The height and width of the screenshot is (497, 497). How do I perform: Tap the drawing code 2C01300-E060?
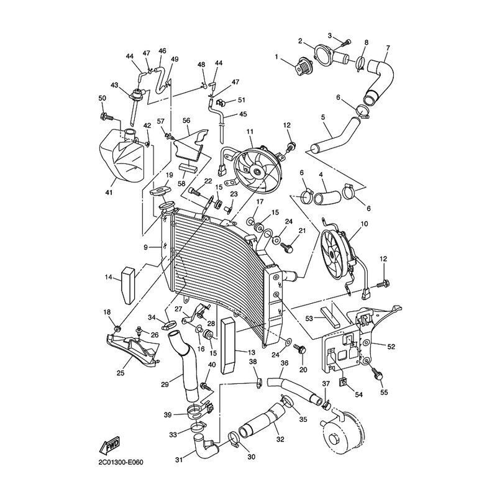click(121, 462)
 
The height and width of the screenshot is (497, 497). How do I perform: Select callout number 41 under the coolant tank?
click(109, 193)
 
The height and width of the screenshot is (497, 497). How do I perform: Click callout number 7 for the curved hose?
click(388, 48)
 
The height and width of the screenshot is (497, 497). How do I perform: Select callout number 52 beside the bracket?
click(391, 347)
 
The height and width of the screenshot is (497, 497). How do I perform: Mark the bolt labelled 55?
click(378, 373)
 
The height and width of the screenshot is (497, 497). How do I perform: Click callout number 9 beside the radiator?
click(146, 247)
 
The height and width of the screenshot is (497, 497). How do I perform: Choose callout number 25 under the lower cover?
click(121, 373)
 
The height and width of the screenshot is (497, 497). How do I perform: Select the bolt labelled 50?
click(107, 116)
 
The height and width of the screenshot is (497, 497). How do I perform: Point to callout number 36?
click(285, 363)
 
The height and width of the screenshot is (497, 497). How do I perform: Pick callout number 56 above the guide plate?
click(186, 121)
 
